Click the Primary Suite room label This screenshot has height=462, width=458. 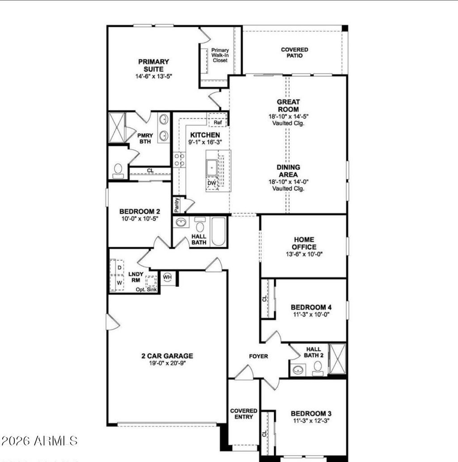pos(153,65)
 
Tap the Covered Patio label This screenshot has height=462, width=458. pos(294,52)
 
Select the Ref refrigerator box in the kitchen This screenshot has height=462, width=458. pos(218,122)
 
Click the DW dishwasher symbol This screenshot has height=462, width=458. pos(212,183)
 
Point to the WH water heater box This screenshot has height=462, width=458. pos(167,277)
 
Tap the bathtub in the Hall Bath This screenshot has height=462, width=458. pos(218,231)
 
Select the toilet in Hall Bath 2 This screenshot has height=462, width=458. pos(318,366)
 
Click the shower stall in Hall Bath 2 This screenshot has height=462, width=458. pos(337,359)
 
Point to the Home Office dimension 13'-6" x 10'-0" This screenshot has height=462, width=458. pos(304,254)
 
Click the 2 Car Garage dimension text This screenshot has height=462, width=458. pos(167,364)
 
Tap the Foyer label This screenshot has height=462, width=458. pos(259,356)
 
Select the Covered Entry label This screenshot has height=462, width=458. pos(244,414)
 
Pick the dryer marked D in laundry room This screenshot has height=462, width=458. pos(119,267)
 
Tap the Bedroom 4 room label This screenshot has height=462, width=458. pos(311,307)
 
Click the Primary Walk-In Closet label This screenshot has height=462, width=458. pos(220,55)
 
